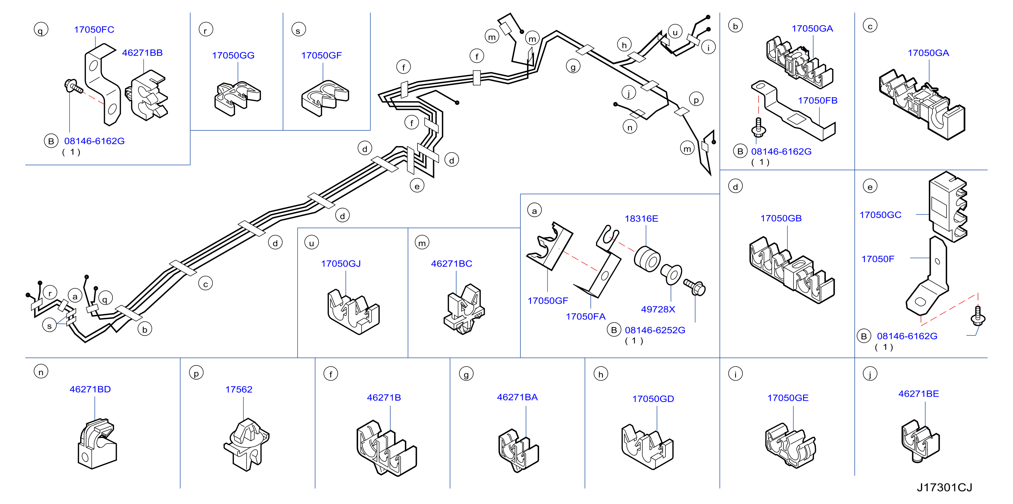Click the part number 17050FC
point(94,30)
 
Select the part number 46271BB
point(142,53)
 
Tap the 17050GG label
point(233,55)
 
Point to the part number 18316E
point(641,219)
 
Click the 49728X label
point(658,309)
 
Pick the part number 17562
point(239,390)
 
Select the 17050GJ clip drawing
point(353,312)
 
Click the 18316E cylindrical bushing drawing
point(647,259)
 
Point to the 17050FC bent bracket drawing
point(103,84)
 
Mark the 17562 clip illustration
point(247,444)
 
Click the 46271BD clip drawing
point(97,444)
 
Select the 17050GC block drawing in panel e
point(948,206)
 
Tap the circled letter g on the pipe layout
point(573,67)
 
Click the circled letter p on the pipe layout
point(696,100)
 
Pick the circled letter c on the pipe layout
point(205,284)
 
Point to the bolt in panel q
point(73,86)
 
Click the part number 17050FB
point(818,101)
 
